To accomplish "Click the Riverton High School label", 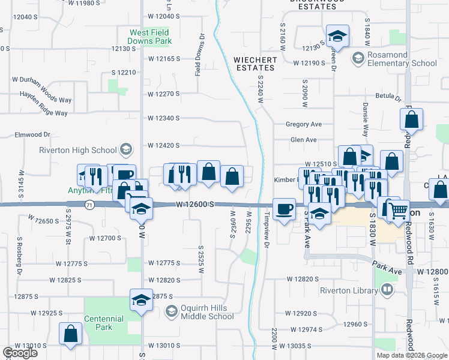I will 78,150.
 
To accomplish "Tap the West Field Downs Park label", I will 151,37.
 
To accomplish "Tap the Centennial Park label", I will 107,323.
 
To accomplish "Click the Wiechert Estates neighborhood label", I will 255,64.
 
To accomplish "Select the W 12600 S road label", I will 196,205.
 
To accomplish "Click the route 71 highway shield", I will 88,205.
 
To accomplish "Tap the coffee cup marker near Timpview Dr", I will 284,208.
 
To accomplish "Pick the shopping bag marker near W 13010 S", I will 70,334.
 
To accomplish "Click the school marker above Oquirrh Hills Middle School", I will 141,299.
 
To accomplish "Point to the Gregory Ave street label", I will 304,124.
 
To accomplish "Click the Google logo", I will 20,353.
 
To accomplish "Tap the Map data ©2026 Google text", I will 412,355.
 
